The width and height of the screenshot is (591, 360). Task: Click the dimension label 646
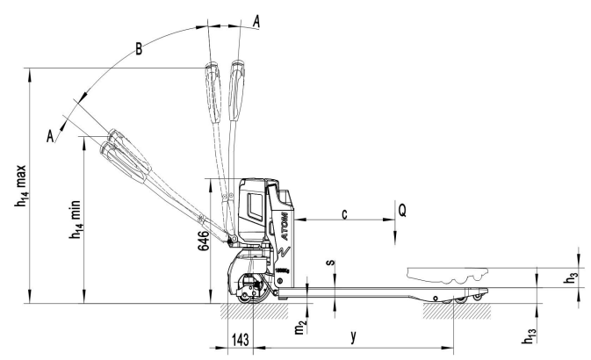click(x=203, y=241)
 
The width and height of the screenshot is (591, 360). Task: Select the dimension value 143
click(x=240, y=339)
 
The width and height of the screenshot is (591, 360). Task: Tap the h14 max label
click(x=21, y=185)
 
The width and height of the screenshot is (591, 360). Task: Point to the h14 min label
click(x=75, y=220)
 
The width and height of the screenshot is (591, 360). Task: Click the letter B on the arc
click(x=139, y=49)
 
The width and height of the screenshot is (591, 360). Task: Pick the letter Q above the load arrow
click(x=402, y=211)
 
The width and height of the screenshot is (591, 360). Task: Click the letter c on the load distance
click(x=344, y=214)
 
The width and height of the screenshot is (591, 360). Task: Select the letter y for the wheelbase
click(x=353, y=336)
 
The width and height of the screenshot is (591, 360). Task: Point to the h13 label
click(x=529, y=336)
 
